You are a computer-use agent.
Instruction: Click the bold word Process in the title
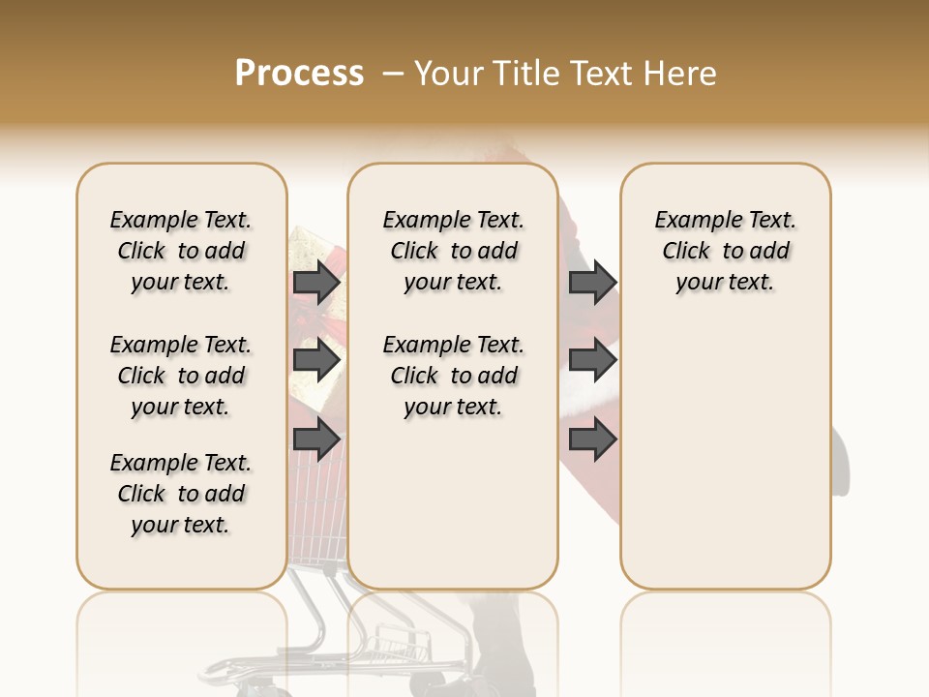coord(299,74)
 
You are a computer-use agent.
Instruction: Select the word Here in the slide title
coord(680,74)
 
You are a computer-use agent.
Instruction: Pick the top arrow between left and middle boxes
coord(316,283)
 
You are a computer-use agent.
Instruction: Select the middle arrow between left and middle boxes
coord(316,361)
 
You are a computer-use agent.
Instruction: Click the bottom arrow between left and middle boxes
coord(316,440)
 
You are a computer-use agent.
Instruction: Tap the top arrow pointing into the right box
coord(592,283)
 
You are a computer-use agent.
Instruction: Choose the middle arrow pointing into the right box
coord(592,361)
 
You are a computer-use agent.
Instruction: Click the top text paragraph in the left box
coord(181,251)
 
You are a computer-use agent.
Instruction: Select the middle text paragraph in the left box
coord(181,376)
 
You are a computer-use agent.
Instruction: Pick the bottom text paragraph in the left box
coord(181,494)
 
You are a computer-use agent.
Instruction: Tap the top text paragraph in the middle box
coord(453,251)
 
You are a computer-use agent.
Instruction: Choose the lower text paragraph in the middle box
coord(453,376)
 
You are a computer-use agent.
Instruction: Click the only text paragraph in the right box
coord(725,251)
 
